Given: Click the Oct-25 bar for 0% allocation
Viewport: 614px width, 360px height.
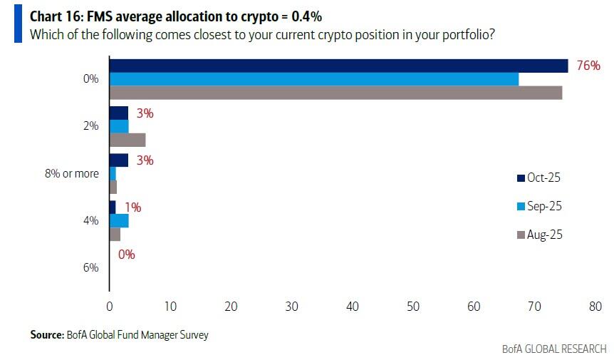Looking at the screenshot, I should click(338, 66).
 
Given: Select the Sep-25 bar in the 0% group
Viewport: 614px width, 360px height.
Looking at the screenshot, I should click(313, 79).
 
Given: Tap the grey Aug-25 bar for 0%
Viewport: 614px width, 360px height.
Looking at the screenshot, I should click(335, 92).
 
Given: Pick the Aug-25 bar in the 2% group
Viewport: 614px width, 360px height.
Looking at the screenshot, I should click(128, 139).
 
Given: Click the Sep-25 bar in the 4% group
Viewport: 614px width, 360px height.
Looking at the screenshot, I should click(119, 220).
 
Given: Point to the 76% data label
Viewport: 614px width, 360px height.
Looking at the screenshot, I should click(588, 66).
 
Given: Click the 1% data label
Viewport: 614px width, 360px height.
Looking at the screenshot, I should click(132, 207).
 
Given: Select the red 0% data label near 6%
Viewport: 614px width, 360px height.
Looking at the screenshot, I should click(127, 254).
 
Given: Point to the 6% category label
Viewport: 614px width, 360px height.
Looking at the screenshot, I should click(90, 267).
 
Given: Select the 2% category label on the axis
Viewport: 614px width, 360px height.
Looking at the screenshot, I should click(90, 126).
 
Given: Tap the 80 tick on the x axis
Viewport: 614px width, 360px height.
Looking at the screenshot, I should click(595, 307).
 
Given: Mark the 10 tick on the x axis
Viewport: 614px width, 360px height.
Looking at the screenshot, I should click(170, 307).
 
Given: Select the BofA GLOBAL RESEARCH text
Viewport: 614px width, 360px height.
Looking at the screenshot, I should click(554, 349).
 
